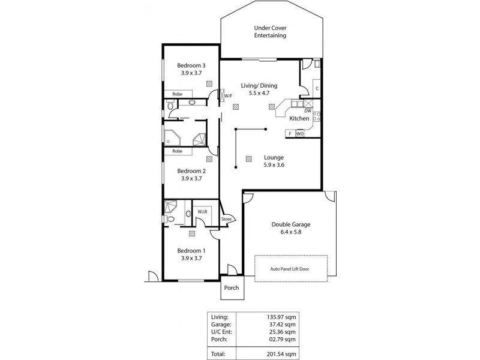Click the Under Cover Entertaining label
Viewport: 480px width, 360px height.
(269, 31)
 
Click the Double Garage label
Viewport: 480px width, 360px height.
(290, 224)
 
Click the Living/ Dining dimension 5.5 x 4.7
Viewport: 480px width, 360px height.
(259, 93)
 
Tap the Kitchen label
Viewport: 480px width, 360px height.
(300, 119)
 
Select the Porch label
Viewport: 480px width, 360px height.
(231, 288)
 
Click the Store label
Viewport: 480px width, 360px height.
(226, 220)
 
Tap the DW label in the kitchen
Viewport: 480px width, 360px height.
(307, 111)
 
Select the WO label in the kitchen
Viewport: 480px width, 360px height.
(299, 134)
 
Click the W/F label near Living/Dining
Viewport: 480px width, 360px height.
(228, 95)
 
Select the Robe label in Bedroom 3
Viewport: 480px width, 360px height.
(178, 94)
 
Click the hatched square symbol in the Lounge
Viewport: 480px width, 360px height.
(248, 159)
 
